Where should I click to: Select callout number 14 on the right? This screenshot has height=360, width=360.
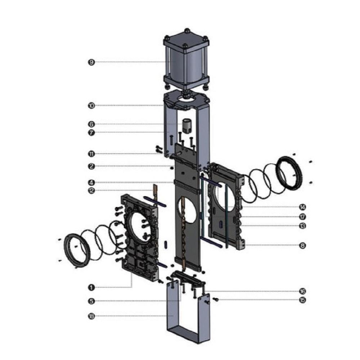point(302,207)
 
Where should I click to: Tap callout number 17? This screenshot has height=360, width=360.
point(302,217)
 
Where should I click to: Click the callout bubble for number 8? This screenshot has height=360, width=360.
point(302,246)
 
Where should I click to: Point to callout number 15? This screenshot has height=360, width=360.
point(302,300)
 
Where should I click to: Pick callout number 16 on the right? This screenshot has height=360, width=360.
point(302,291)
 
